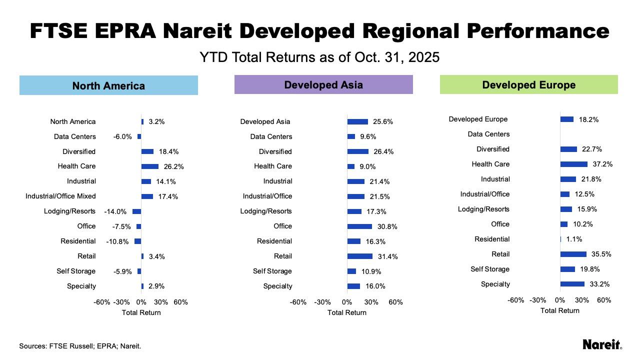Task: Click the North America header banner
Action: tap(108, 85)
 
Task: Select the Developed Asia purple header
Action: tap(323, 85)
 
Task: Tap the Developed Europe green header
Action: tap(528, 85)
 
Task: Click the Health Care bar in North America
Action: tap(150, 166)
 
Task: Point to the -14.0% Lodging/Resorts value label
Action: tap(115, 211)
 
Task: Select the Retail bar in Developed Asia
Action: tap(360, 256)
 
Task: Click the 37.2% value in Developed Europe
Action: tap(602, 164)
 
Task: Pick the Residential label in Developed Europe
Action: tap(492, 239)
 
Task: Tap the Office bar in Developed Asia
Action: tap(359, 226)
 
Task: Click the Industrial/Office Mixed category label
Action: tap(60, 196)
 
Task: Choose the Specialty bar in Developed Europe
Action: tap(572, 284)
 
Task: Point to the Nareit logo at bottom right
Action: tap(602, 344)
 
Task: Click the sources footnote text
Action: tap(80, 346)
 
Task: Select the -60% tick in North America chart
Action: tap(102, 302)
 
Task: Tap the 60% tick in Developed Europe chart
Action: tap(604, 300)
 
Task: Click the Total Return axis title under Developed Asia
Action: tap(346, 312)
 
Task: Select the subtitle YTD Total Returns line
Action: tap(319, 57)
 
